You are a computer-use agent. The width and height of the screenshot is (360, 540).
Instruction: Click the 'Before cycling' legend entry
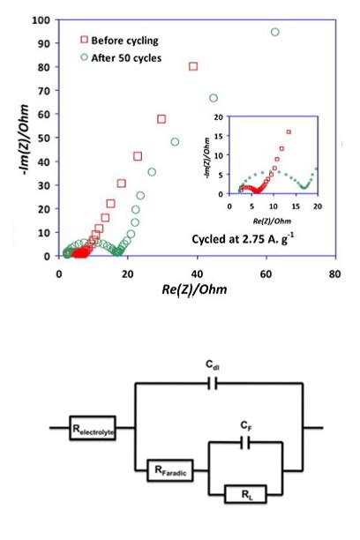(x=123, y=41)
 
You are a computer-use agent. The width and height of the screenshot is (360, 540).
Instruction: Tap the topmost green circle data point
(x=275, y=32)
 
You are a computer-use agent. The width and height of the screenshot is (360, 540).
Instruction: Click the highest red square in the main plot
(x=193, y=66)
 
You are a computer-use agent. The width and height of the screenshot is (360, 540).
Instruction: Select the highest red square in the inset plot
(x=289, y=131)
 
